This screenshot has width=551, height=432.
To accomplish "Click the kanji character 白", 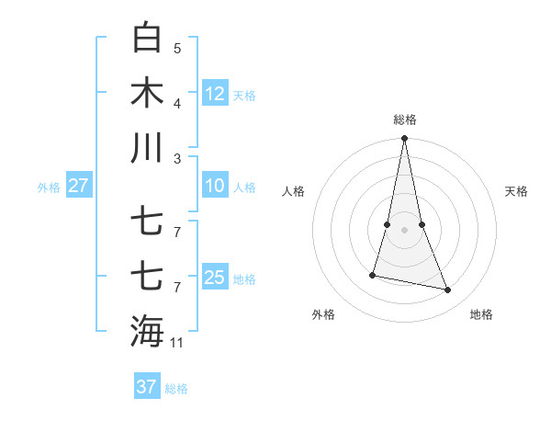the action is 148,39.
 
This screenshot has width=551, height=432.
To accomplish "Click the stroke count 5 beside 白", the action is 177,48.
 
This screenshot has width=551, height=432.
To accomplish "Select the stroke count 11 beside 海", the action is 177,343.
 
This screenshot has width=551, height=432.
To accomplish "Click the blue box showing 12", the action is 215,94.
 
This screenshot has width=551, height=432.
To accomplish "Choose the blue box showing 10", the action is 215,186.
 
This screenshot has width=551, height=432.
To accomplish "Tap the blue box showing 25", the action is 215,278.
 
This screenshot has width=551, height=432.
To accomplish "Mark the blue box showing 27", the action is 78,186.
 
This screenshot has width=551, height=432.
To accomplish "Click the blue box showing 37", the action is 146,387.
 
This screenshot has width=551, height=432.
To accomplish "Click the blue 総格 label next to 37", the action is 176,389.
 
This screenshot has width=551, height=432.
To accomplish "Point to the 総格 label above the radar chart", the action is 405,119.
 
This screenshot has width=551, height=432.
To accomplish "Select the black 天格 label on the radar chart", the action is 517,191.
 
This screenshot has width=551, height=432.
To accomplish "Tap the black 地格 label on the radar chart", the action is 481,314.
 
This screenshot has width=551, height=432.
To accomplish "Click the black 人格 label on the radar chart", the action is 293,191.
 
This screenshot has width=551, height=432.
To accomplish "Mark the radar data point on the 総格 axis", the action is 404,139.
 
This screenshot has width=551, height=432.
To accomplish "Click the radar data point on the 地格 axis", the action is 448,290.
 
